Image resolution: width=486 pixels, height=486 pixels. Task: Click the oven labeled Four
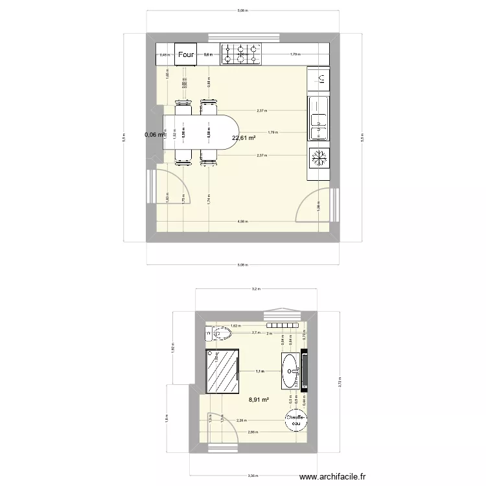[x=186, y=55]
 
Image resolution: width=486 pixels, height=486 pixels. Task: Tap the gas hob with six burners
[x=240, y=54]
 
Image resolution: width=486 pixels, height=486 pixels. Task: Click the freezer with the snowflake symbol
[x=319, y=157]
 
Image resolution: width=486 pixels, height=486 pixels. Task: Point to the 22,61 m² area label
[x=244, y=137]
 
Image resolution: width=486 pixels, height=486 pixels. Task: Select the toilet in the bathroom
[x=220, y=334]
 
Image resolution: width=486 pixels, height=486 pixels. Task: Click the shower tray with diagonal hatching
[x=222, y=371]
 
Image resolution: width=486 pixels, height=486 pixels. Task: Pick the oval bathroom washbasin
[x=290, y=370]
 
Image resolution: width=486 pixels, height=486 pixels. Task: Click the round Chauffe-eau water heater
[x=296, y=421]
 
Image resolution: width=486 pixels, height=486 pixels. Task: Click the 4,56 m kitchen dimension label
[x=242, y=222]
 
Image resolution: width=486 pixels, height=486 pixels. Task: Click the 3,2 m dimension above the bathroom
[x=256, y=289]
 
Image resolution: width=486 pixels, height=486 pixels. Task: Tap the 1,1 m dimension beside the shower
[x=259, y=371]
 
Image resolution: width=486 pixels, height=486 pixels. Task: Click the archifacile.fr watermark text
[x=337, y=478]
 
